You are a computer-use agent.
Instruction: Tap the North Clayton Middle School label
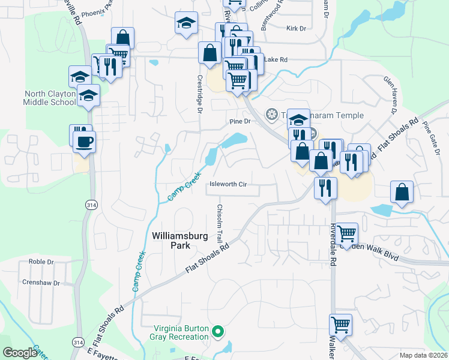click(x=50, y=98)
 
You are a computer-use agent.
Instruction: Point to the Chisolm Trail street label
click(x=220, y=222)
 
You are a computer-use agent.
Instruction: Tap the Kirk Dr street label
click(x=297, y=28)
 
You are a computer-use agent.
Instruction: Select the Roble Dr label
click(x=41, y=262)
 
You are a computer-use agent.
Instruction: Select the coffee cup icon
click(x=84, y=142)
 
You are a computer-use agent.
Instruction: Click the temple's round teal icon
click(x=272, y=114)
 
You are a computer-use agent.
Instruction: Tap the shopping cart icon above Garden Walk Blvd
click(x=346, y=233)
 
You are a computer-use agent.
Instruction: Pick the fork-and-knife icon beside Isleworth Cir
click(x=325, y=187)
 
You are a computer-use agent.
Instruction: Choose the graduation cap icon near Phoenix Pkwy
click(x=187, y=23)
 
